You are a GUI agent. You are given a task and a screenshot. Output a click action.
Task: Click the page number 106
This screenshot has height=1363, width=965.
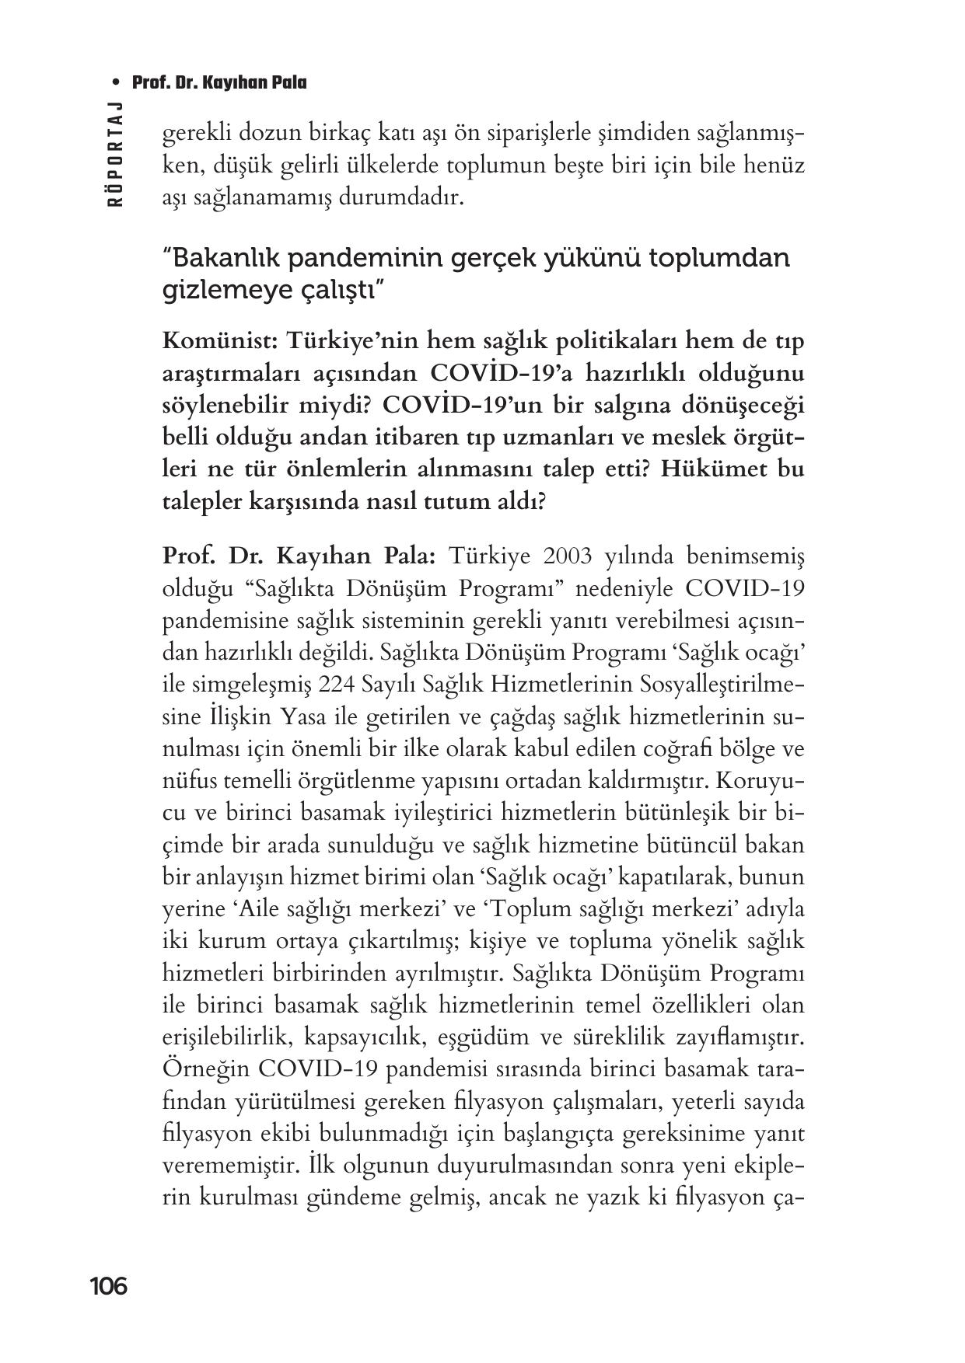click(x=108, y=1287)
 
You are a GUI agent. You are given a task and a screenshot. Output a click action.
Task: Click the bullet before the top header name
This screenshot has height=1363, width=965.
click(x=117, y=82)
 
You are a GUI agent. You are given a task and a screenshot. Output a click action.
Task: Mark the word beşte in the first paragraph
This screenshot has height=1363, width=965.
click(x=554, y=165)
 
